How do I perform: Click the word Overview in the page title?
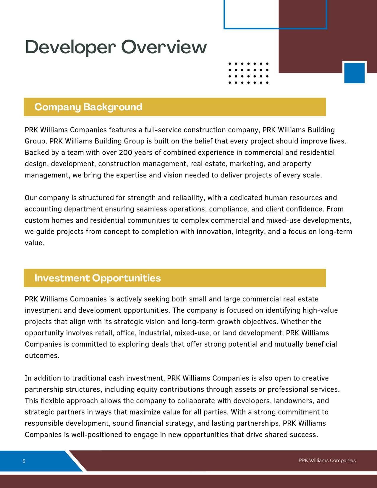click(x=164, y=47)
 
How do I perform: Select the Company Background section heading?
click(x=88, y=107)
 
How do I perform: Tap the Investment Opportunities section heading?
click(x=98, y=278)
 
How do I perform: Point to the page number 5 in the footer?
click(x=24, y=461)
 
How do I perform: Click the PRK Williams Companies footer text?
click(x=327, y=460)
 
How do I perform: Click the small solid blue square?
click(x=354, y=73)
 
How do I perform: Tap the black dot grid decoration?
click(x=248, y=73)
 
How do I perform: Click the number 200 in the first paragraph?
click(x=125, y=153)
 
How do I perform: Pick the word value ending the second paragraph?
click(x=34, y=243)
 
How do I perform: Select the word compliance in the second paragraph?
click(x=229, y=209)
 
